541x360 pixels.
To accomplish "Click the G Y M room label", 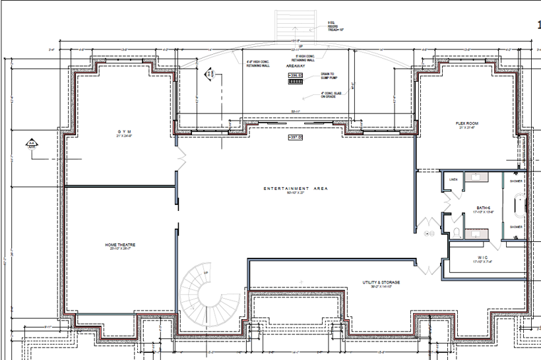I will point(121,133).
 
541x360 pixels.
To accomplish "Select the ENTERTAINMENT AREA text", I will point(296,189).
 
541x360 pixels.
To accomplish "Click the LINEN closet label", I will point(453,179).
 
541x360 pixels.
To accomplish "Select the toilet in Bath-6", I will point(457,231).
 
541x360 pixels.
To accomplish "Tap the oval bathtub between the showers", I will point(517,204).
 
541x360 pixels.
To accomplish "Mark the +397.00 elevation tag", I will point(295,138).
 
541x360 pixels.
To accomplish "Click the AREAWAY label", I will point(294,67).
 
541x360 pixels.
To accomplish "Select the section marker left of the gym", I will point(30,143).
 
